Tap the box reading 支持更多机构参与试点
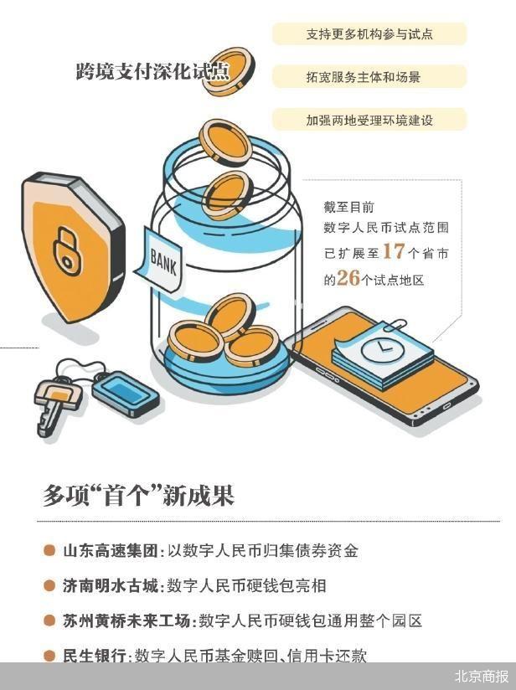[369, 33]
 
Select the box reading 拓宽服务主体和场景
[369, 77]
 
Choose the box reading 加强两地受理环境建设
[369, 120]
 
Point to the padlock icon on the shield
[66, 251]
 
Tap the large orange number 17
[394, 251]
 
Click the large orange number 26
[348, 278]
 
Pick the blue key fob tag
[126, 394]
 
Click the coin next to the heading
[228, 72]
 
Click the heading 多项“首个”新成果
[139, 496]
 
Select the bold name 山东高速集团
[110, 551]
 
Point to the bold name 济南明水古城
[110, 585]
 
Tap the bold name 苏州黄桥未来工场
[126, 620]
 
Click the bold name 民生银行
[94, 655]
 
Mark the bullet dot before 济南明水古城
[49, 585]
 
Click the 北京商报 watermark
[481, 676]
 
